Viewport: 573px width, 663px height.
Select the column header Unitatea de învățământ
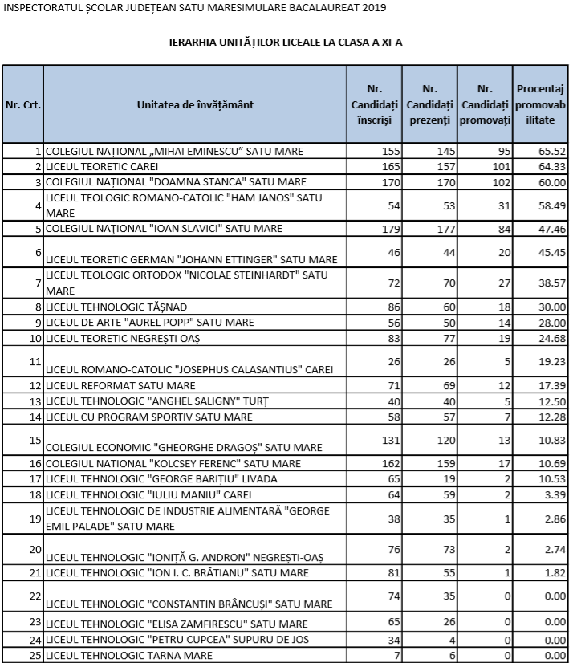click(x=195, y=105)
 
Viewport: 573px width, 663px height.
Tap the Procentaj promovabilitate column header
click(x=540, y=104)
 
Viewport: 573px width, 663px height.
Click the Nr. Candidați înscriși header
click(x=374, y=104)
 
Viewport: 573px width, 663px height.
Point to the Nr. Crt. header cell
click(x=23, y=105)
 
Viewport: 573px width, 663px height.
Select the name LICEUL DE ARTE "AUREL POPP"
click(x=149, y=322)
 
